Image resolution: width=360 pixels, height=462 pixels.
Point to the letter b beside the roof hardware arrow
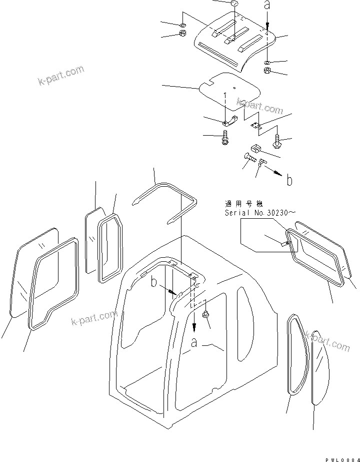pyautogui.click(x=289, y=181)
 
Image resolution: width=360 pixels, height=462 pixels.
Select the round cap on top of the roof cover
pyautogui.click(x=233, y=5)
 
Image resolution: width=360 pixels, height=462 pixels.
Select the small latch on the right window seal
pyautogui.click(x=285, y=244)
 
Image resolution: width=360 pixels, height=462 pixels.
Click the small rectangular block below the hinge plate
pyautogui.click(x=254, y=148)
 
